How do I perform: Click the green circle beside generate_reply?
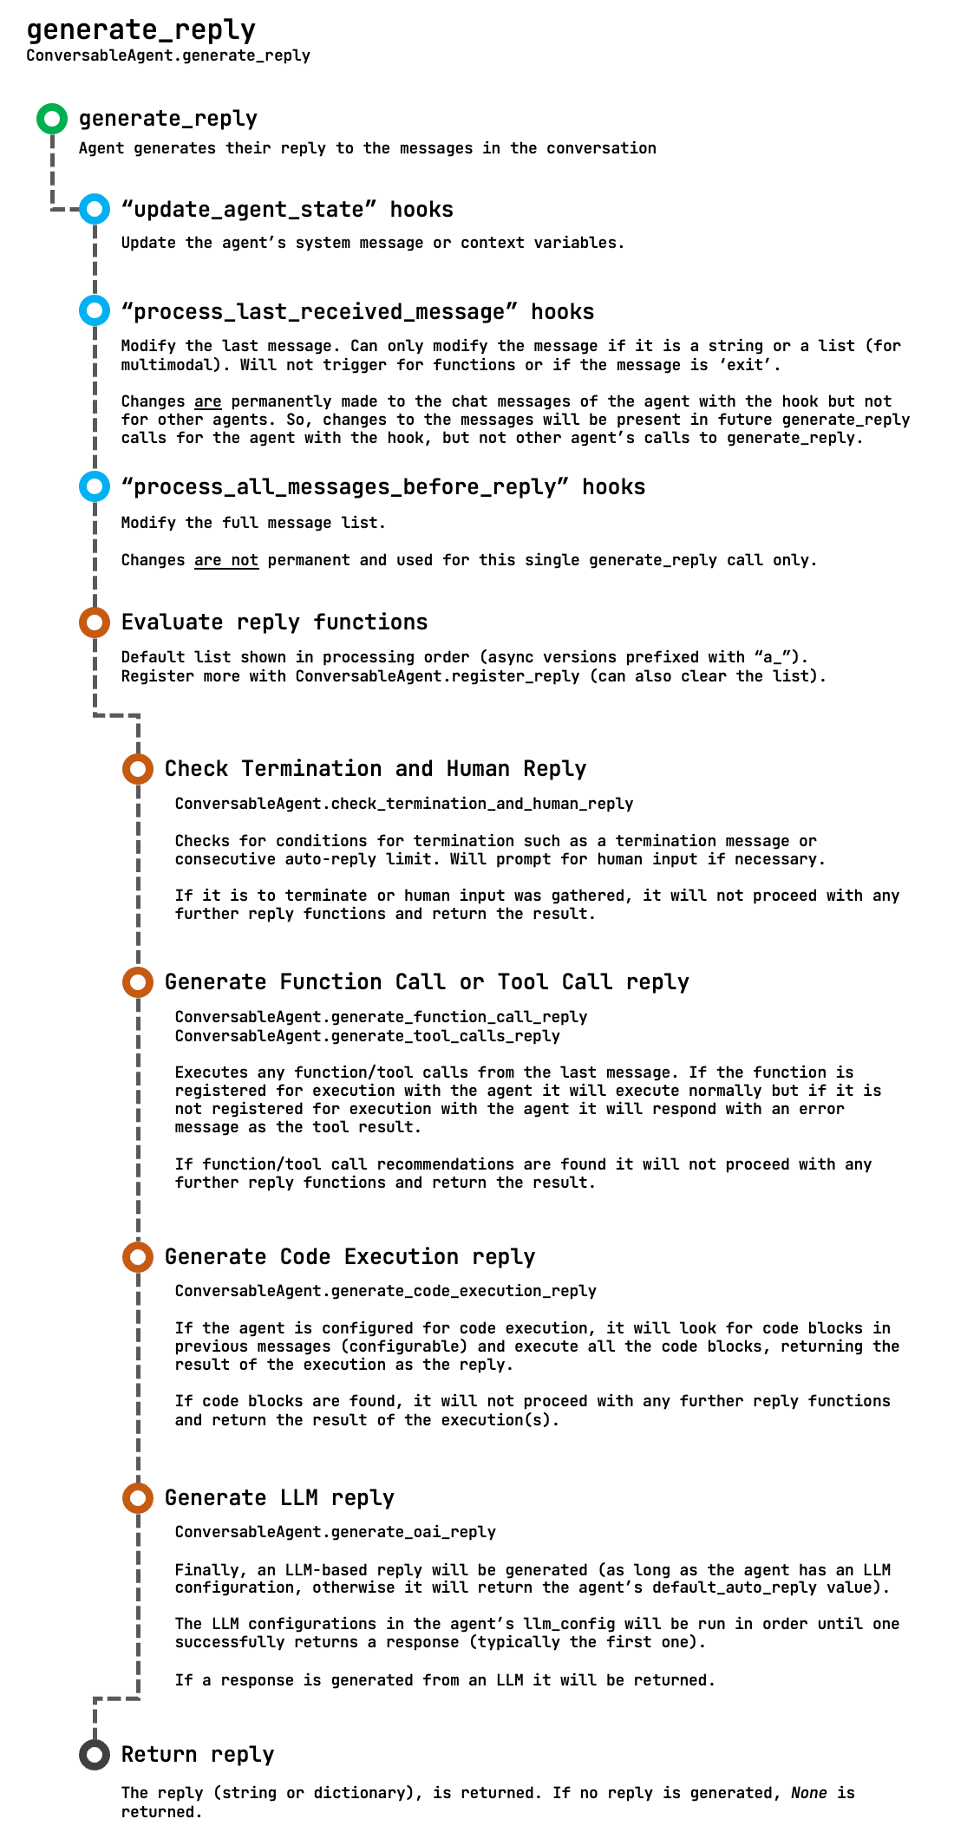[52, 119]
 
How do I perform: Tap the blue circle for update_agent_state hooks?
[95, 209]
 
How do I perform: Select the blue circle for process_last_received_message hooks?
[95, 310]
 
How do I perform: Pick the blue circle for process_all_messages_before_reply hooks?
[95, 486]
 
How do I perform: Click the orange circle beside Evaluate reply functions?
[95, 622]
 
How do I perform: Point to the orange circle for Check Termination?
[138, 768]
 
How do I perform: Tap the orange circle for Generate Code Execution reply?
[138, 1256]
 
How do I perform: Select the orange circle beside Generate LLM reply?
[138, 1497]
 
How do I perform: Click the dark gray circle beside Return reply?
[95, 1755]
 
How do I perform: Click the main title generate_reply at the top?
[141, 30]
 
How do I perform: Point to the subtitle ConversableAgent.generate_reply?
[168, 55]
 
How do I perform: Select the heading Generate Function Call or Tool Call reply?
[427, 981]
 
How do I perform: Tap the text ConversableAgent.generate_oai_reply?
[336, 1532]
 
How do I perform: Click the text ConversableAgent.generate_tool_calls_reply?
[368, 1036]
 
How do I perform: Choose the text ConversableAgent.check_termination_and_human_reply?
[404, 804]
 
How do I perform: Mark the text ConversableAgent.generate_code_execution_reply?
[386, 1291]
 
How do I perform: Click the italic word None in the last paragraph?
[808, 1793]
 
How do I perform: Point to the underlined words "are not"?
[226, 560]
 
